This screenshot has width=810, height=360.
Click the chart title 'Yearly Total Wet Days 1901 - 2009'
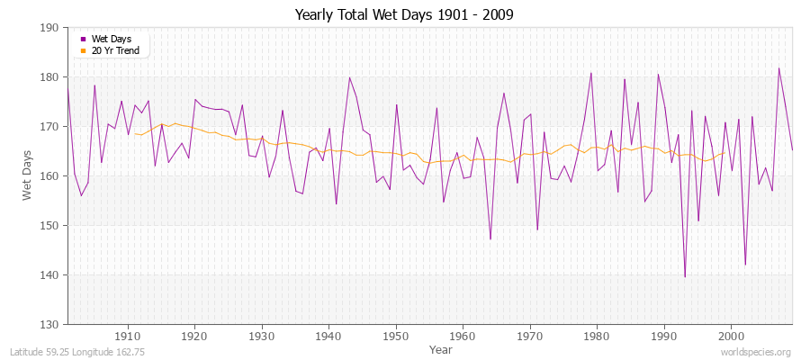point(405,15)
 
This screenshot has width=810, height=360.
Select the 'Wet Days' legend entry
point(110,39)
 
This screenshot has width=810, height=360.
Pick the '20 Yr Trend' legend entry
point(114,50)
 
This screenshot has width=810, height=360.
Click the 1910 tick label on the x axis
point(128,335)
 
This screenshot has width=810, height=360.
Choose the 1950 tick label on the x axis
point(396,335)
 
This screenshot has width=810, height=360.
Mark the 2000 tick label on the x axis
point(731,335)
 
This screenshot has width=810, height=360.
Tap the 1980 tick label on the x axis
point(597,335)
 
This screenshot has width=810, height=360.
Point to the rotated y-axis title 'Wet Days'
point(26,175)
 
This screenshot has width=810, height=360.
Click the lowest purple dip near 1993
point(685,276)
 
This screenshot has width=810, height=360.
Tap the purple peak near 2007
point(779,68)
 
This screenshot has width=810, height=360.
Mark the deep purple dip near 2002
point(745,265)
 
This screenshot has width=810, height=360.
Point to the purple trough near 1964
point(490,238)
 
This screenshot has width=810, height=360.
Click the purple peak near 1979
point(591,73)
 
